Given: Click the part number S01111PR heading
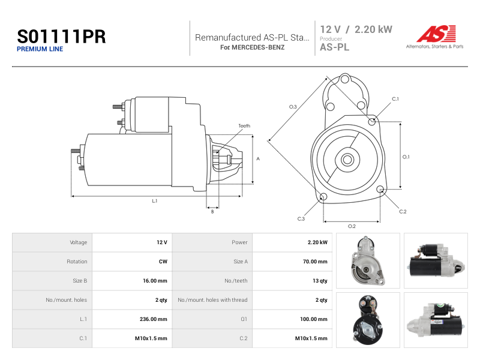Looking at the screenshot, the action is click(61, 37).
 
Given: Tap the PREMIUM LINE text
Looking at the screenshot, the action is click(40, 49).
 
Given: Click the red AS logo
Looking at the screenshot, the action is click(436, 34).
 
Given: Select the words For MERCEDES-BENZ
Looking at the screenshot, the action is click(252, 47).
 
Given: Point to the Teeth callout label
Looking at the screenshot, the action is click(244, 126).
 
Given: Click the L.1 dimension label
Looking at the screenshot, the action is click(155, 201).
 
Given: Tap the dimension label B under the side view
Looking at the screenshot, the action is click(212, 212).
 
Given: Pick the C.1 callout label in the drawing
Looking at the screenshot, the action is click(395, 99).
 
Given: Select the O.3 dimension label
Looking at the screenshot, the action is click(293, 107).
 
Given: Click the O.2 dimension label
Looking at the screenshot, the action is click(352, 226).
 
